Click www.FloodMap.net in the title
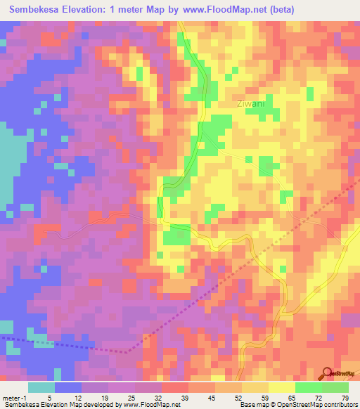(228, 10)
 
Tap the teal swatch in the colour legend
(41, 387)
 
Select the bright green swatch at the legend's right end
(335, 387)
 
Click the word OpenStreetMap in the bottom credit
(319, 404)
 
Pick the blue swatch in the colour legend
(68, 387)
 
